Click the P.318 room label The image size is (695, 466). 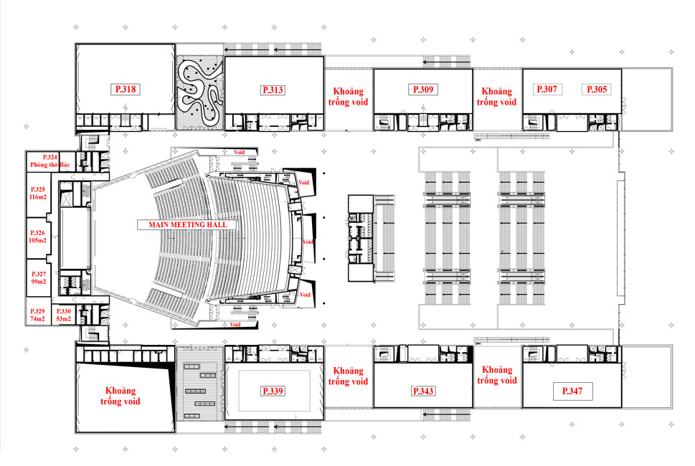126,89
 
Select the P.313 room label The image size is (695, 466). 273,90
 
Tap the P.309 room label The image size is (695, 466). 423,90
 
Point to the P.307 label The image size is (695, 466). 547,89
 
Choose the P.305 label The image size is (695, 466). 597,89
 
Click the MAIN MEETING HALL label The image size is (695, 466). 187,224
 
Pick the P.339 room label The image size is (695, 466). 273,391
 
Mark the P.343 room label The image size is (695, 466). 423,391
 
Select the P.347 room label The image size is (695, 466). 572,391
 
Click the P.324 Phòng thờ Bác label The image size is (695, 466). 49,161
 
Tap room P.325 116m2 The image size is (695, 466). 38,193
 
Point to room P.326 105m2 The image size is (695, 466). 38,237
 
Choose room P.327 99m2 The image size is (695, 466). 39,277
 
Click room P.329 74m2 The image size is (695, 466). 37,315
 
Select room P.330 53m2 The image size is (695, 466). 63,315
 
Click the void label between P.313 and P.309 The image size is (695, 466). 349,97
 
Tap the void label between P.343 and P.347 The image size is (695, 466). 497,375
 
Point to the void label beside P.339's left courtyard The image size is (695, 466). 120,396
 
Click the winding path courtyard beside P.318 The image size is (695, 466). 200,92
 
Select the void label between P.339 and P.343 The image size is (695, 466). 349,376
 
